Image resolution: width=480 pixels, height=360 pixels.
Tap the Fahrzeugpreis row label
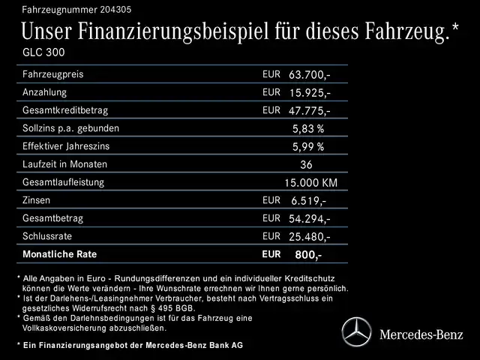tap(53, 75)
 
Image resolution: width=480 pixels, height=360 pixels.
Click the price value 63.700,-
tap(310, 75)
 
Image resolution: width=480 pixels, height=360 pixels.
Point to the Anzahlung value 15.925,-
tap(310, 93)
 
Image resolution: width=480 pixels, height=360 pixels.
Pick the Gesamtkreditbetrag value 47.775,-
tap(310, 111)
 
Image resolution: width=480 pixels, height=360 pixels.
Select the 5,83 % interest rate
tap(308, 128)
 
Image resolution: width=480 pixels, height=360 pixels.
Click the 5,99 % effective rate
tap(308, 146)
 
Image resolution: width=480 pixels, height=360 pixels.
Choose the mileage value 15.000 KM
tap(310, 182)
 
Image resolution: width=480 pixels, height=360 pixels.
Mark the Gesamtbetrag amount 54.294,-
tap(310, 218)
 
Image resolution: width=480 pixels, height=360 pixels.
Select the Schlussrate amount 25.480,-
tap(310, 236)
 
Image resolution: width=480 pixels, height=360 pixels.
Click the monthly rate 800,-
tap(308, 255)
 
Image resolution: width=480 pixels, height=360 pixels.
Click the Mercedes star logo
tap(357, 330)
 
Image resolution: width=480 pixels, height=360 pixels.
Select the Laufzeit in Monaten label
tap(65, 164)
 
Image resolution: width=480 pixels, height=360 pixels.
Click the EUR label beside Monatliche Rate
tap(271, 254)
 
